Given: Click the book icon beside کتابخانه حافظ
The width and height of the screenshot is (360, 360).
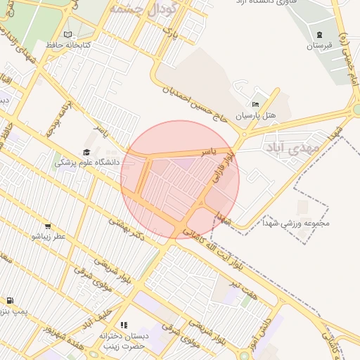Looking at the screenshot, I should (x=67, y=34).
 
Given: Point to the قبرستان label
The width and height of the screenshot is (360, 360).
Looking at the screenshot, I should (x=319, y=46).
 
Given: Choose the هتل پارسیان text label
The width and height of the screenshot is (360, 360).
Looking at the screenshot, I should (x=255, y=115).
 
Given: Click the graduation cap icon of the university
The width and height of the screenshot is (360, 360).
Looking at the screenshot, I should (x=86, y=152).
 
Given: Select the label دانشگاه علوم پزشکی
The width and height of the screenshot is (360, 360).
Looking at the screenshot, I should (x=88, y=162).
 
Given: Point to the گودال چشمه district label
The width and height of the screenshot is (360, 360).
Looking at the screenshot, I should (x=138, y=8).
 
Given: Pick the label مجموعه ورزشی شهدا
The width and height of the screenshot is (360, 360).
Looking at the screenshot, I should (x=295, y=225).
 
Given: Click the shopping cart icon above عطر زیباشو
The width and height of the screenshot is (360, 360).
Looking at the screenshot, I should (x=47, y=226).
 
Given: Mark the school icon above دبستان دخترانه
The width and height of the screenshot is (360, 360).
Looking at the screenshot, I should (x=124, y=325).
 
